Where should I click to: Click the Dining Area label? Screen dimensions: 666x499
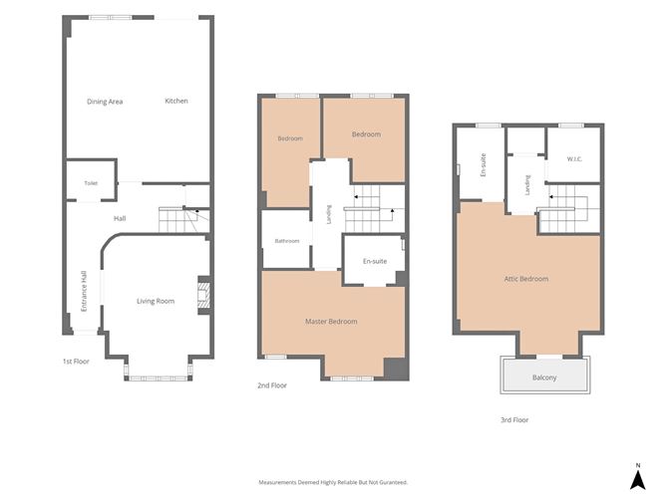tap(105, 102)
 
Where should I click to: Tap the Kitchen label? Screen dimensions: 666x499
tap(176, 101)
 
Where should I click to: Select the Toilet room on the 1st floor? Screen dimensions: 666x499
tap(91, 181)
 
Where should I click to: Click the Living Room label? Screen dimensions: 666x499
tap(156, 301)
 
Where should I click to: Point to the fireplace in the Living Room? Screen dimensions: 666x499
tap(204, 296)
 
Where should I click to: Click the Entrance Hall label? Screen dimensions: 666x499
tap(84, 291)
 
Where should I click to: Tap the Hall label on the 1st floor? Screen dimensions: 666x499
tap(120, 218)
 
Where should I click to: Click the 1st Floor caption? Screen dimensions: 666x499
tap(76, 362)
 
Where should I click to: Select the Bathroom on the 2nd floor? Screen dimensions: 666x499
tap(286, 239)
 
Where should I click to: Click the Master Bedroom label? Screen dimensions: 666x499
tap(331, 321)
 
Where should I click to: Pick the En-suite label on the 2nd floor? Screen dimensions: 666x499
tap(375, 261)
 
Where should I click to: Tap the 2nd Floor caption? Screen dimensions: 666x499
tap(272, 385)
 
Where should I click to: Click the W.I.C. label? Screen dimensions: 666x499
tap(574, 159)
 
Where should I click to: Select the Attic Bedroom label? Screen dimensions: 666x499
tap(526, 279)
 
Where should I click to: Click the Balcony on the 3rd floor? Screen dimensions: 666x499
tap(545, 376)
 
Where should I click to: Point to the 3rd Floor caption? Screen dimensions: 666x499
tap(514, 419)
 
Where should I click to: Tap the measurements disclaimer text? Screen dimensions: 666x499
tap(333, 482)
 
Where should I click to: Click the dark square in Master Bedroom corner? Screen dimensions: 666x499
tap(395, 369)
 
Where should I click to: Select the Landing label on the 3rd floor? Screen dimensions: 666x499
tap(527, 185)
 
